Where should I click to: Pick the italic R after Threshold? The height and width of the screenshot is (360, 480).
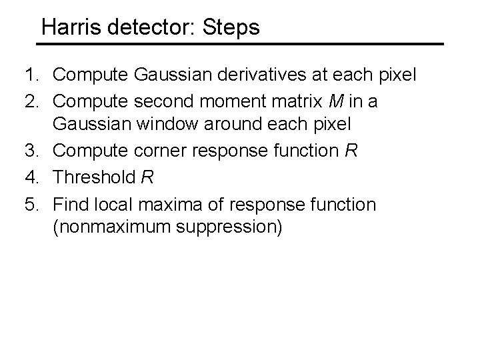tap(148, 177)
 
